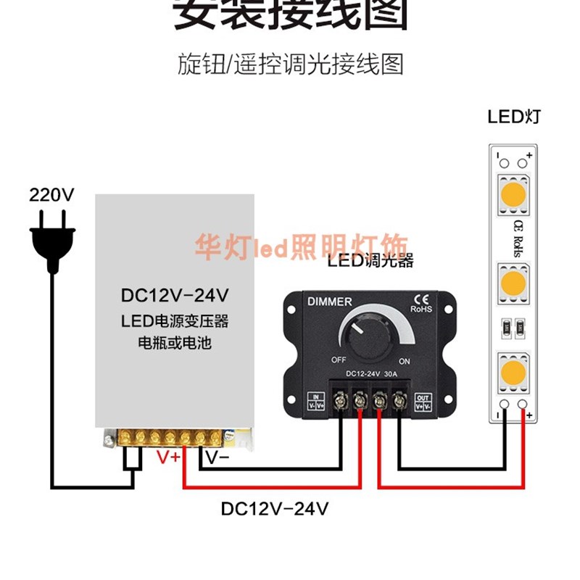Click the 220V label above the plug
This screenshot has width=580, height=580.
tap(51, 194)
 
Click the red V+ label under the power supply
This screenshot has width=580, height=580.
tap(170, 457)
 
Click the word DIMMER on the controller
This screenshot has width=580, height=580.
tap(330, 302)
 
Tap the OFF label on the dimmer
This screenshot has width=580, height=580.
tap(339, 360)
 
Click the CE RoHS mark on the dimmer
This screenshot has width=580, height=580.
tap(421, 302)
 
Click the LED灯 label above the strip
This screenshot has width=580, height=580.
tap(513, 117)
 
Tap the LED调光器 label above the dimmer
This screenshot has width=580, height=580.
tap(370, 261)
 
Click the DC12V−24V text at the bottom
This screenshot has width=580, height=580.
tap(275, 509)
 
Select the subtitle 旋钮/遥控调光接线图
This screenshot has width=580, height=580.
tap(290, 65)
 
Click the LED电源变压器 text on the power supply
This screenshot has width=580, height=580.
tap(175, 320)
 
